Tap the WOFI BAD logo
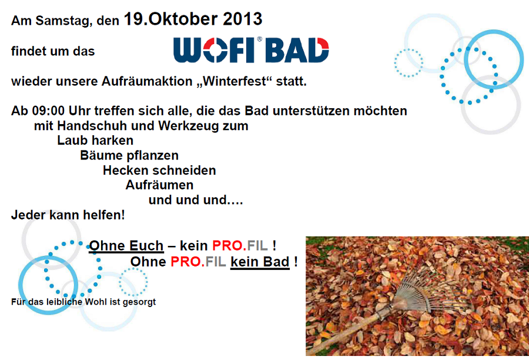tap(251, 49)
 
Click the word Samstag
tap(63, 21)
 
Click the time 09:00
tap(48, 111)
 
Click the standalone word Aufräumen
tap(159, 185)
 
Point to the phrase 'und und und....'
tap(196, 200)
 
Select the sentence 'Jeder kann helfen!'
tap(68, 215)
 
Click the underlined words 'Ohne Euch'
tap(126, 245)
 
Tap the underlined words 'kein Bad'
tap(260, 262)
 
